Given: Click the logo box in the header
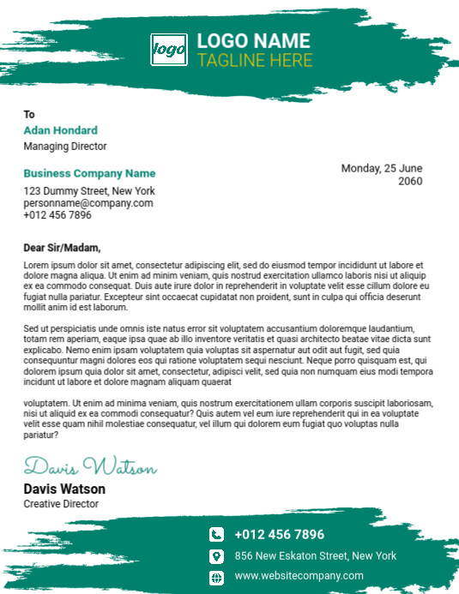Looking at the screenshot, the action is point(168,50).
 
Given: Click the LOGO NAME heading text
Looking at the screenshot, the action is point(253,41).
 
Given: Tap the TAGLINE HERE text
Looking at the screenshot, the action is point(255,61).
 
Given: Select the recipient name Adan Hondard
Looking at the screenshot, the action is point(60,130).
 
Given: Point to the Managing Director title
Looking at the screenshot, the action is point(65,147).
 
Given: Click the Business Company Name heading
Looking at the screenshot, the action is point(89,173).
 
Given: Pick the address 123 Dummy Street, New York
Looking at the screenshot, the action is point(89,191).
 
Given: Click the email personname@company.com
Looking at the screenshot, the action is point(88,203).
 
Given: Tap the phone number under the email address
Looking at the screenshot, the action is point(57,215).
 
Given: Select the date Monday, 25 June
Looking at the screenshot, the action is point(382,168).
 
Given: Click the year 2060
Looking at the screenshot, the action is point(410,181).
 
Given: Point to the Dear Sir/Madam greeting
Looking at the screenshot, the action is point(62,248).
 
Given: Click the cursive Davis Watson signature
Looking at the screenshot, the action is point(90,468).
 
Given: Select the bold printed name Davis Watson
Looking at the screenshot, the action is point(64,489).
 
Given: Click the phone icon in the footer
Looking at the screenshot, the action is point(216,534).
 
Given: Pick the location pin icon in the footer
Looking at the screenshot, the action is point(216,555).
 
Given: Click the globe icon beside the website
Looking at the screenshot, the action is point(216,576).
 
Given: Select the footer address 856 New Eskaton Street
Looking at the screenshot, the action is point(315,555).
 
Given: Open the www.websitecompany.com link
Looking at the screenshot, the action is point(299,576).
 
